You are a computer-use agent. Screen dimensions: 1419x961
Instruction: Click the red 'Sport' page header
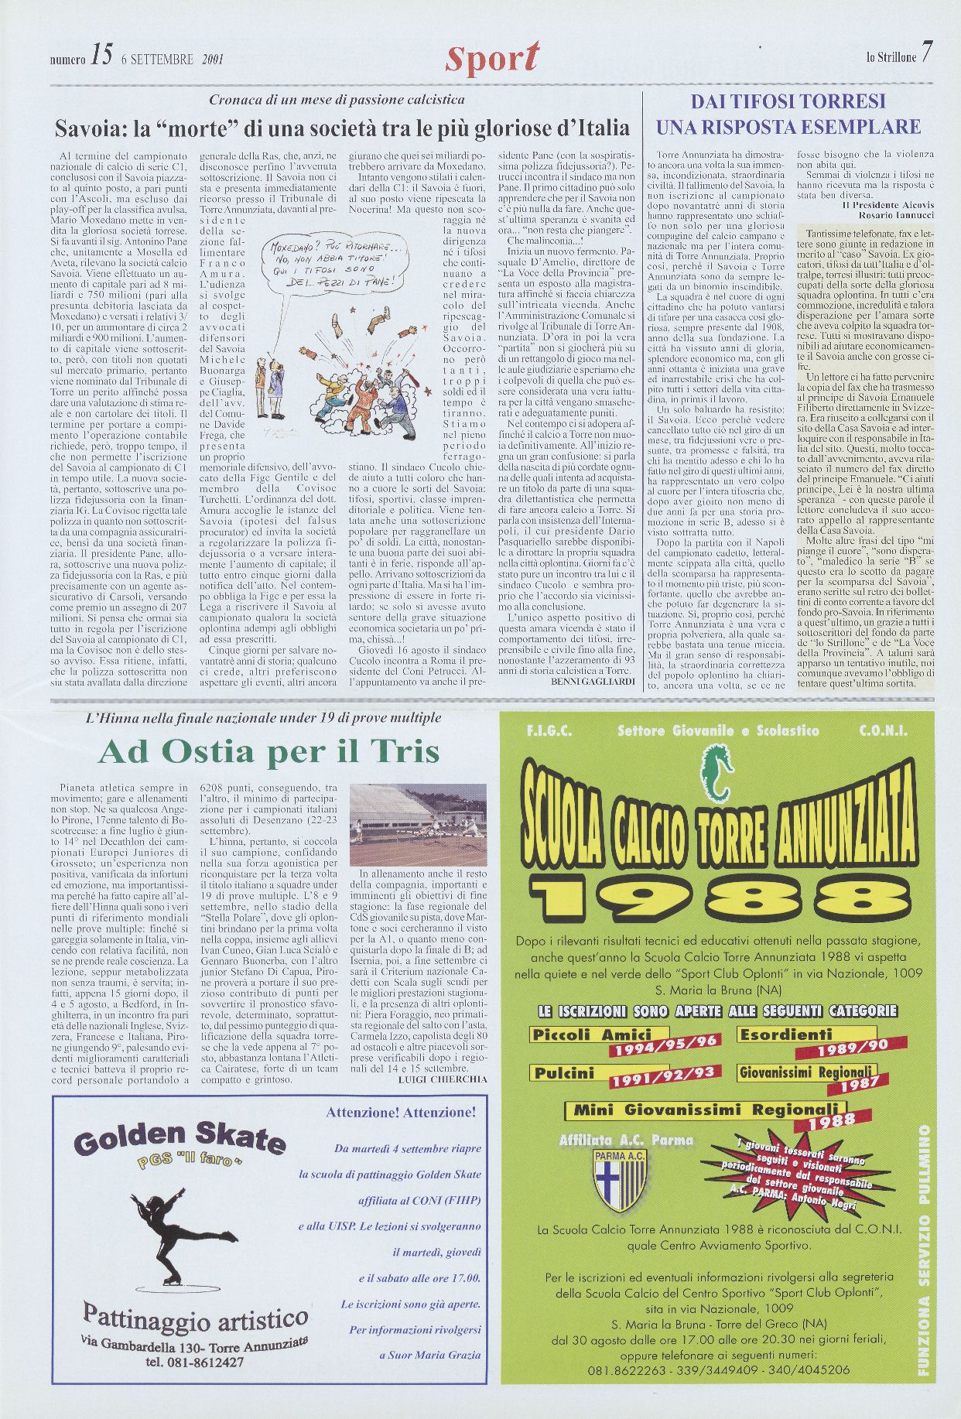pyautogui.click(x=492, y=57)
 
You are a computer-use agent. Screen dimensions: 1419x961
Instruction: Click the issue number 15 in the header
pyautogui.click(x=101, y=54)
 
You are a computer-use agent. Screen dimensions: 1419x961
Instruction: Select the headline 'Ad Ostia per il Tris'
pyautogui.click(x=268, y=751)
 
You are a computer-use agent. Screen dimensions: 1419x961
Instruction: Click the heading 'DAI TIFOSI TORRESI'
pyautogui.click(x=788, y=101)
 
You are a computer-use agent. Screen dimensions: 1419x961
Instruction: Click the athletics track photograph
pyautogui.click(x=418, y=825)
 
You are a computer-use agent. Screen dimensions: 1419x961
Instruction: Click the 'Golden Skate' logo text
pyautogui.click(x=180, y=1140)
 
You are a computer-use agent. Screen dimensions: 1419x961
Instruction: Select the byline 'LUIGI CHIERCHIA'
pyautogui.click(x=442, y=1079)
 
